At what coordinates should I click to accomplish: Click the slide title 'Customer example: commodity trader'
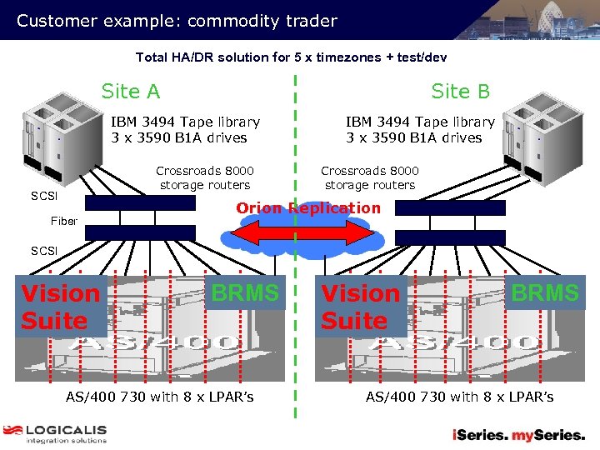click(177, 21)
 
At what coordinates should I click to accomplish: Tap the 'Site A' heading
click(131, 91)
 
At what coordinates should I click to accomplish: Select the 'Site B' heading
click(460, 91)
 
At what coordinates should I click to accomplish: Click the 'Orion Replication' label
click(308, 208)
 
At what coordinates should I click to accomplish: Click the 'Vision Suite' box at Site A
click(61, 307)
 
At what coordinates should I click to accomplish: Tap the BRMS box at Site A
click(245, 293)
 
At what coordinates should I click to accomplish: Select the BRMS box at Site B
click(545, 293)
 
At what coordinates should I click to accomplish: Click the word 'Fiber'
click(64, 221)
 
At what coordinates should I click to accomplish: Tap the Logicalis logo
click(55, 434)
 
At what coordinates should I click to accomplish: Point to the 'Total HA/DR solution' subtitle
click(291, 57)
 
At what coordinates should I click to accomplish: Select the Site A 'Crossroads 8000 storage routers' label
click(205, 178)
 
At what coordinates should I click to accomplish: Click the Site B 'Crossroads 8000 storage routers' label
click(370, 178)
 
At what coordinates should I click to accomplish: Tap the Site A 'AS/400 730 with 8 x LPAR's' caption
click(160, 397)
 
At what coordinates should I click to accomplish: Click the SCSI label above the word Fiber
click(44, 197)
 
